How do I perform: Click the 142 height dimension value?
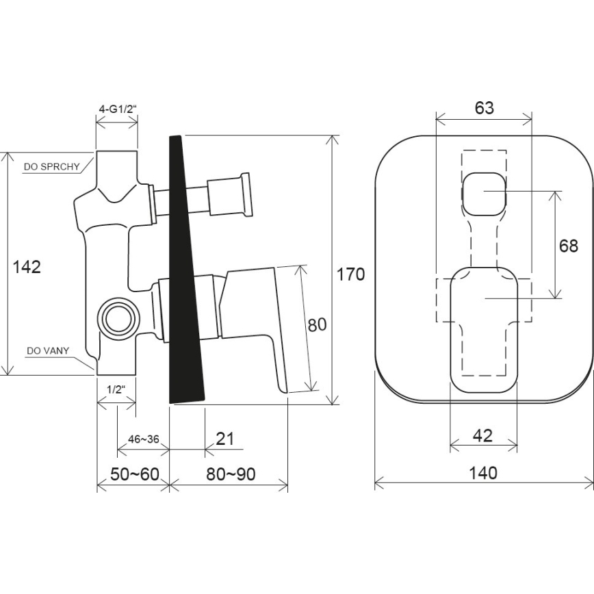[x=27, y=267]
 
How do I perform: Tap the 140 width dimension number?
[x=484, y=472]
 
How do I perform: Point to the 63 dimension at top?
[x=483, y=107]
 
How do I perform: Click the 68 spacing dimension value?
[x=568, y=246]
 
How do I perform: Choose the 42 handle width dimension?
[x=482, y=436]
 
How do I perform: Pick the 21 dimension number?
[x=224, y=439]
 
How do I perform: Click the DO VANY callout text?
[x=46, y=351]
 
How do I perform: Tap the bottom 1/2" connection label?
[x=115, y=388]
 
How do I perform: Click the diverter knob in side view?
[x=229, y=194]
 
